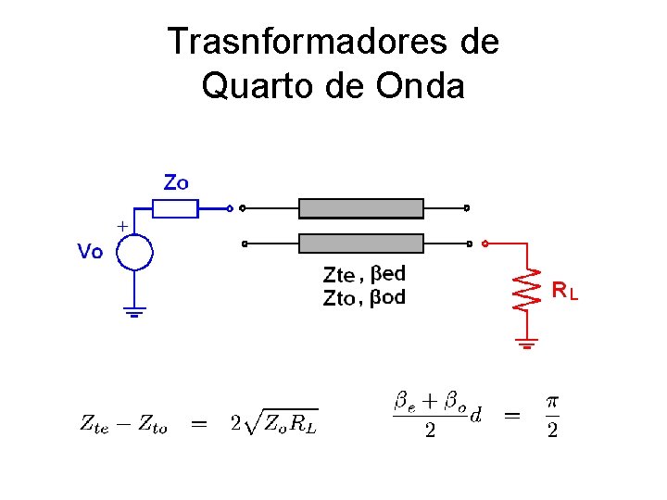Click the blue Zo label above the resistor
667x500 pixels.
176,182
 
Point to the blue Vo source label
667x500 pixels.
90,251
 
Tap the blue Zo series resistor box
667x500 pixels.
175,208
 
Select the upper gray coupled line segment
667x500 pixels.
361,208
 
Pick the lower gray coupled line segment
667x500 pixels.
361,244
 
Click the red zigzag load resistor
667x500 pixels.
527,290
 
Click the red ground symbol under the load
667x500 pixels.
527,345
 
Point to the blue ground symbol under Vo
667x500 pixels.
135,312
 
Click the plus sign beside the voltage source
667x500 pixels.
121,225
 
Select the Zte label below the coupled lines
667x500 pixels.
338,274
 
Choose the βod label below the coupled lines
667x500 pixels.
388,297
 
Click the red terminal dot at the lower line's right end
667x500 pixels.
485,244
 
